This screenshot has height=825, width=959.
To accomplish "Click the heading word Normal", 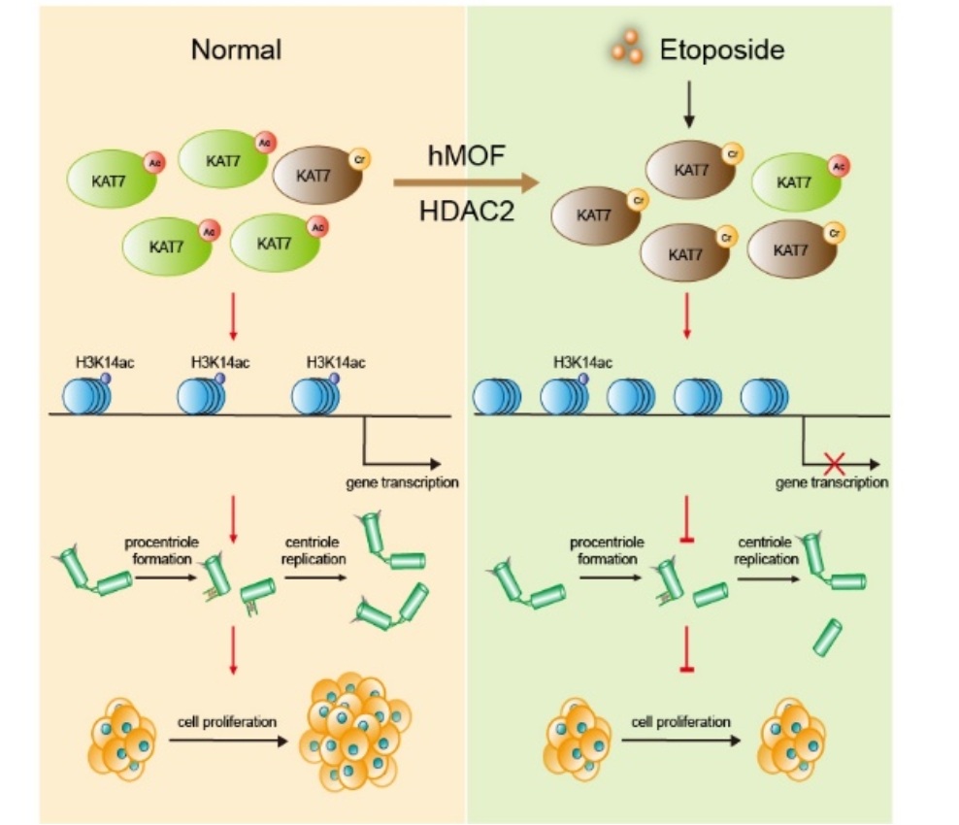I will point(236,49).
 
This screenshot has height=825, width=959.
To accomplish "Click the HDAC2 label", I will point(466,212).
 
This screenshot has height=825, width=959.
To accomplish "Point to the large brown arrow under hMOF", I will point(466,182).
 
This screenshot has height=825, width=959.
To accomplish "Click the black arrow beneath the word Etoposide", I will point(689,105).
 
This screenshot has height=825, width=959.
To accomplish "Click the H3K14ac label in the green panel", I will point(582,363).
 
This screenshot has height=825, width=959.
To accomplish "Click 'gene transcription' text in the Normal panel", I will point(401,481).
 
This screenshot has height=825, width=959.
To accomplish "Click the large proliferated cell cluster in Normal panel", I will point(354,730).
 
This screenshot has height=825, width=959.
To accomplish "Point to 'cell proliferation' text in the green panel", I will point(680,722).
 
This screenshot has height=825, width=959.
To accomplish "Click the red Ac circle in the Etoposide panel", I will point(837,166).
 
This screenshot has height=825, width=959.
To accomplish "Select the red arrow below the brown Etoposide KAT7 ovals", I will point(687,315).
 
